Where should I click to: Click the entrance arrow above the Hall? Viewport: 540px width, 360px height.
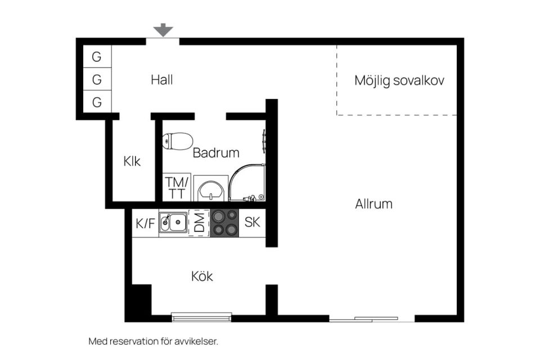click(x=163, y=30)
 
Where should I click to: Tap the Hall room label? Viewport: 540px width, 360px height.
click(x=161, y=80)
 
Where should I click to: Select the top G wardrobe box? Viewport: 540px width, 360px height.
click(x=97, y=57)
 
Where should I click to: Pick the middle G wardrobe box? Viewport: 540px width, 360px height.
click(x=97, y=80)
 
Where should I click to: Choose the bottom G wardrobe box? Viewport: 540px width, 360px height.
click(x=97, y=102)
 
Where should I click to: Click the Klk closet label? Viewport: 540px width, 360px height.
click(x=132, y=161)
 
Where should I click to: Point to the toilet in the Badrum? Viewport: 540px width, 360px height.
click(x=177, y=141)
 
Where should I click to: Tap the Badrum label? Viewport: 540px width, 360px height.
click(x=216, y=152)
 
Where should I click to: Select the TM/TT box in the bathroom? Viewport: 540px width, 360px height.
click(x=177, y=187)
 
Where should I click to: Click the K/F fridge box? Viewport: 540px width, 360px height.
click(x=145, y=223)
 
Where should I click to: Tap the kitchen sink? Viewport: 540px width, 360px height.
click(x=173, y=223)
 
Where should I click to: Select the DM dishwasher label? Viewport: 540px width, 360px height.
click(x=199, y=223)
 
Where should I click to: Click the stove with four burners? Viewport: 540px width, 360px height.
click(x=224, y=223)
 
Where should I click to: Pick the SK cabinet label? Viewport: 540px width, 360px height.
click(x=252, y=222)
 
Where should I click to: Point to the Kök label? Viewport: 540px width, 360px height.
click(x=202, y=277)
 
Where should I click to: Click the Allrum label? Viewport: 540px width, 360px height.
click(x=373, y=204)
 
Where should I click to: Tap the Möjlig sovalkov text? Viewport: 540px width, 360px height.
click(x=399, y=80)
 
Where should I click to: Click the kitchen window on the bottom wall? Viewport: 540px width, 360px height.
click(x=201, y=317)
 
